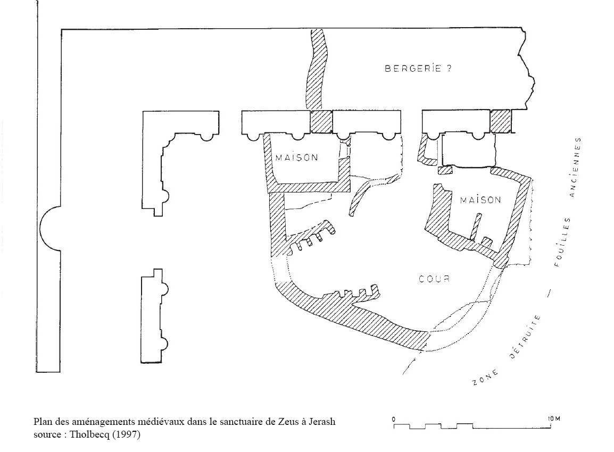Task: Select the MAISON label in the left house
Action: point(296,157)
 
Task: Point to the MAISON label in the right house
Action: point(480,200)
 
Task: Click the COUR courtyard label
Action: point(434,279)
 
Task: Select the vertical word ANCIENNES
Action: point(575,168)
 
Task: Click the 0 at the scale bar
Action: point(394,418)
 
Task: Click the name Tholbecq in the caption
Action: point(84,434)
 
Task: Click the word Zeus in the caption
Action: point(285,422)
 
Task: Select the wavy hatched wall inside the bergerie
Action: point(314,69)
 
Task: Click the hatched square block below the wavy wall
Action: point(321,122)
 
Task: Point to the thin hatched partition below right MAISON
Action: point(476,226)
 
